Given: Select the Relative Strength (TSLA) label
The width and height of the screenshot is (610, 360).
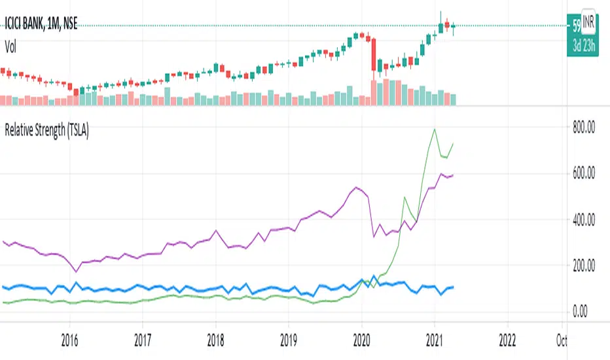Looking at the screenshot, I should [46, 130].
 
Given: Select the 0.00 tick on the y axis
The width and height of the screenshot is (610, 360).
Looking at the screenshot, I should [583, 312].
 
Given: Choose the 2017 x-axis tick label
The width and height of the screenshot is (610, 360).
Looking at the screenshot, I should [142, 340].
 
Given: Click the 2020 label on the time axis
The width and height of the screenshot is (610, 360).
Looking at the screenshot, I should [362, 340].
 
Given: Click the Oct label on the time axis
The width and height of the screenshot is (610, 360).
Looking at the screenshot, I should [562, 340].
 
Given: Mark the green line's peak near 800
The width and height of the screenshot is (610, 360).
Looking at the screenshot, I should [435, 130].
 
